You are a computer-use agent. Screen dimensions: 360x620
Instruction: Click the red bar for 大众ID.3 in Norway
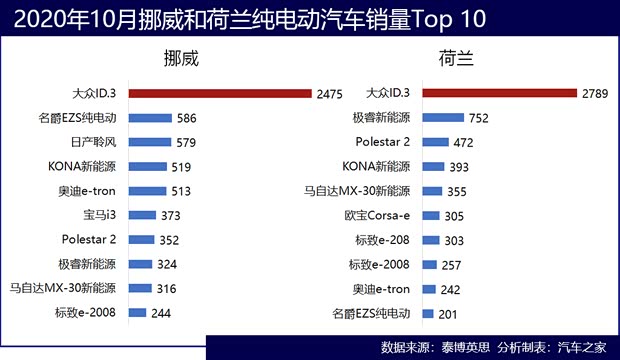click(220, 93)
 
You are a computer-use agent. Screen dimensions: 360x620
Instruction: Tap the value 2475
click(328, 94)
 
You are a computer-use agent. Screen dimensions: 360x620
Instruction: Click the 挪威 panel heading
click(181, 58)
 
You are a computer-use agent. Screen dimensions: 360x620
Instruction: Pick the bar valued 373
click(141, 215)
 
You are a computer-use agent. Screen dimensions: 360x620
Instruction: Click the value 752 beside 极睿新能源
click(478, 118)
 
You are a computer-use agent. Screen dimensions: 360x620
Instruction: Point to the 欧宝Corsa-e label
click(378, 215)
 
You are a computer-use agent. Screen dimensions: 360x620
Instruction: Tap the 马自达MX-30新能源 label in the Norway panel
click(63, 288)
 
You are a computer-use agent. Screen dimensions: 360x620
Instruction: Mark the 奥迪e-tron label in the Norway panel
click(87, 191)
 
